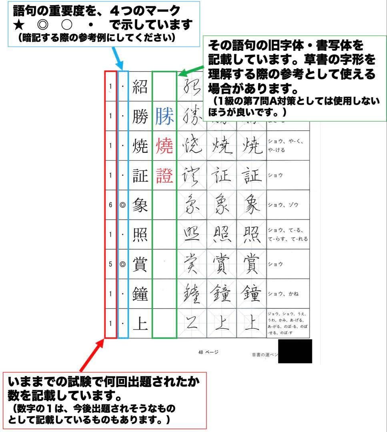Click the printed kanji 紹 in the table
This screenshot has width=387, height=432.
(140, 87)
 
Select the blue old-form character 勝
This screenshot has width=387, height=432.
(164, 116)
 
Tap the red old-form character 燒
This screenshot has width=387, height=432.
(164, 146)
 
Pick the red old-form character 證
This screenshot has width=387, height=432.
(164, 176)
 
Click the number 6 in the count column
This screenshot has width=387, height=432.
(110, 205)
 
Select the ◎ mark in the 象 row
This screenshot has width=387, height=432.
(123, 205)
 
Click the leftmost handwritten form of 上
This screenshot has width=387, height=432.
(191, 323)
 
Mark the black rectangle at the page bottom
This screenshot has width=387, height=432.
(295, 351)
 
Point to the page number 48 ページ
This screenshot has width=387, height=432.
(208, 352)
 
